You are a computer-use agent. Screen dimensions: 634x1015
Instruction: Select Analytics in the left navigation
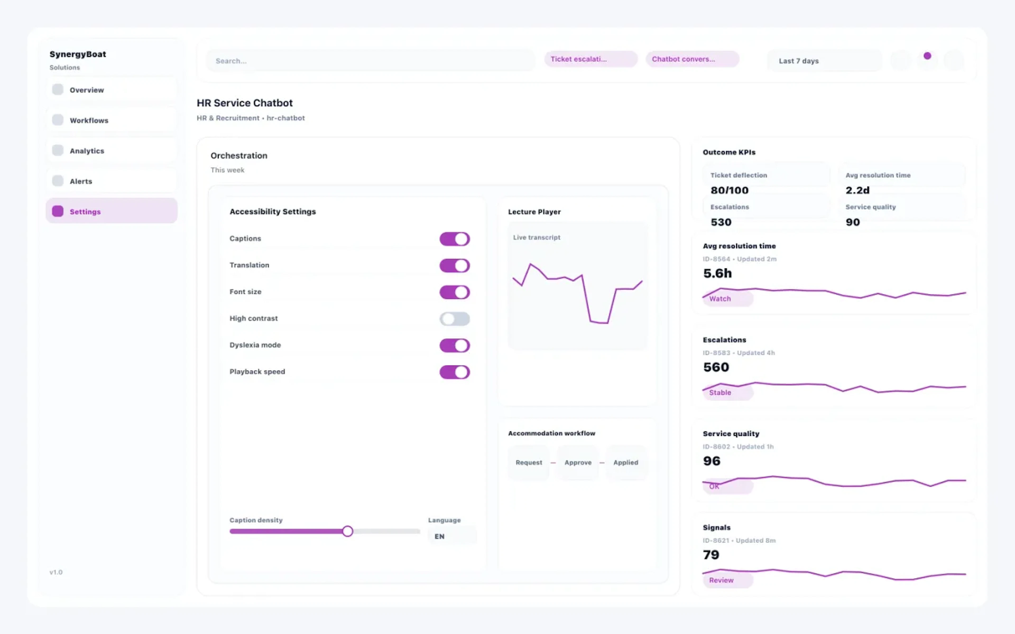click(x=111, y=151)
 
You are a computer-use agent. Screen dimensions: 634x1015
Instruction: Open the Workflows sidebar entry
click(x=111, y=120)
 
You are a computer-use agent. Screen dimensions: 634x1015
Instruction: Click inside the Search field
click(x=369, y=61)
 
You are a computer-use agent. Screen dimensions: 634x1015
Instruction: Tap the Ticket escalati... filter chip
click(x=590, y=59)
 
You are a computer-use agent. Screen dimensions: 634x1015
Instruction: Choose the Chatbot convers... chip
click(x=692, y=59)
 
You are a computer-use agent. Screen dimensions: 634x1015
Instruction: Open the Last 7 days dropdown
click(x=823, y=61)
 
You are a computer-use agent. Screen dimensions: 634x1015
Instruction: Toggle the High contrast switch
click(x=454, y=319)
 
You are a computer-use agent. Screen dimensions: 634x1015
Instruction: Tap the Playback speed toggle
click(x=454, y=372)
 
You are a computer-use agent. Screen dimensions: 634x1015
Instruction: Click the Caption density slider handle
click(x=347, y=531)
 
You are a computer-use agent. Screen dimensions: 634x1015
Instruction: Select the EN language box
click(x=452, y=536)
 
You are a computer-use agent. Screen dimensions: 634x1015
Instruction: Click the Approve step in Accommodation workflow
click(x=578, y=463)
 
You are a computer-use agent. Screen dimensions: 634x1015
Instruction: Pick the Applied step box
click(x=625, y=463)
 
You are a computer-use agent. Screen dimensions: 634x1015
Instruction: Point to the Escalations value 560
click(x=716, y=367)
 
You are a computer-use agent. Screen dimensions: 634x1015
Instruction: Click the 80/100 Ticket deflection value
click(x=729, y=190)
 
